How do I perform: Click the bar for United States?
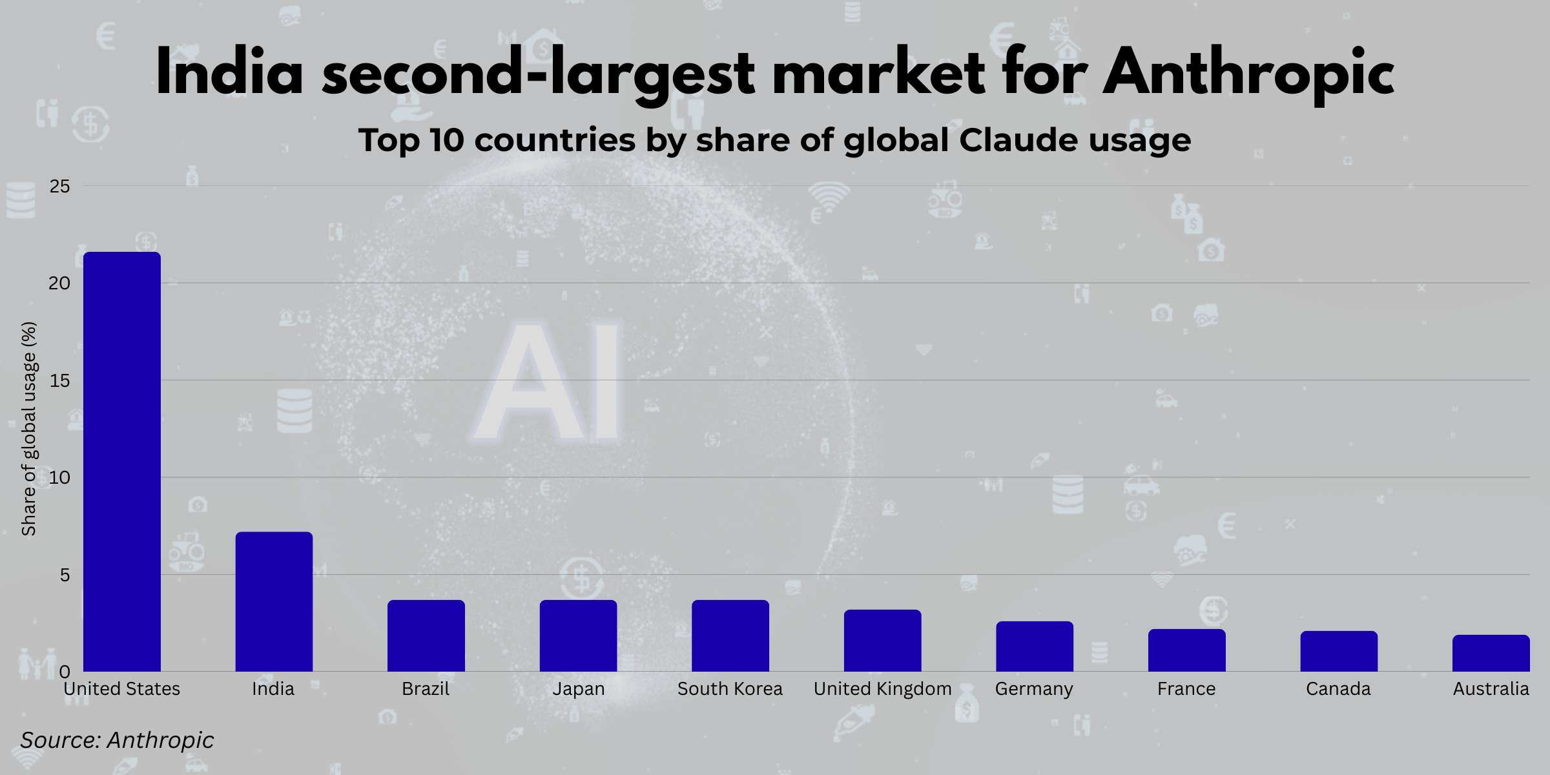point(122,462)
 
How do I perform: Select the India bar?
point(274,602)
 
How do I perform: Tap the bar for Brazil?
point(426,636)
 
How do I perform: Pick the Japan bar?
point(578,636)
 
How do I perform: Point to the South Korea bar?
point(730,636)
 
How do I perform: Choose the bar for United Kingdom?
point(882,641)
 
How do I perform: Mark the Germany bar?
point(1035,646)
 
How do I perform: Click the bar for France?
point(1187,650)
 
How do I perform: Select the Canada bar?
point(1339,652)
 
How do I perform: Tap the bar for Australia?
point(1491,654)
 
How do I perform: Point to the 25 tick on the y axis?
point(59,187)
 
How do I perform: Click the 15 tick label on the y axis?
point(59,381)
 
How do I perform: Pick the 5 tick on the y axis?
point(65,575)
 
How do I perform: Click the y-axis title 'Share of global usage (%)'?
point(29,429)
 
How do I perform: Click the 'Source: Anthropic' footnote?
point(117,740)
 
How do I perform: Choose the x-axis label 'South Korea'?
point(730,689)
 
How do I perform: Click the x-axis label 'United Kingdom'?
point(882,689)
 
